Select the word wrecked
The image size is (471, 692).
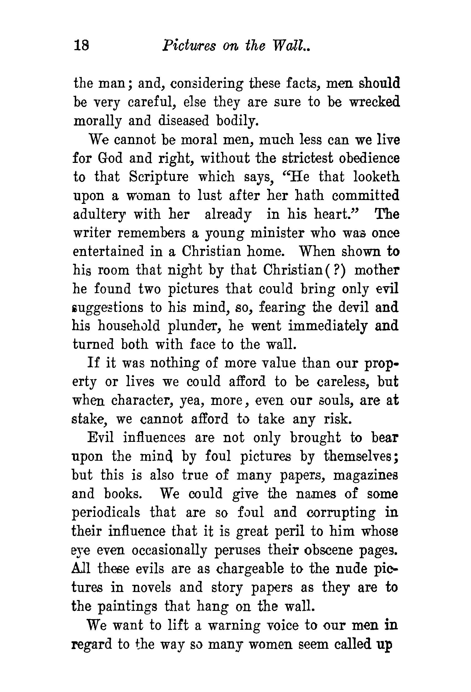374,102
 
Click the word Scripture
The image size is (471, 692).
159,176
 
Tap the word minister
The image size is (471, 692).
277,233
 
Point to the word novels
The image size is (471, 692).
151,587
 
